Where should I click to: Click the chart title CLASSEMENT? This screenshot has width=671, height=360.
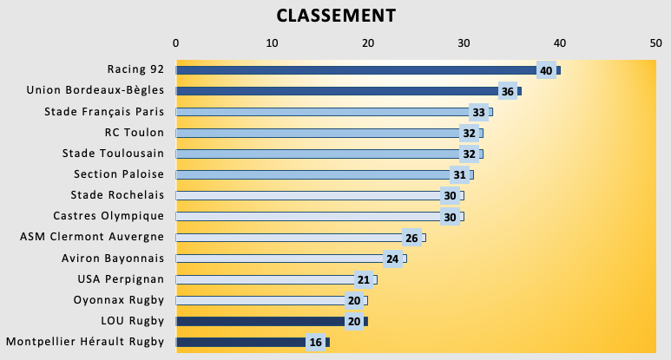(335, 16)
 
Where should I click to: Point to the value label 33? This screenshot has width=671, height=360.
(478, 112)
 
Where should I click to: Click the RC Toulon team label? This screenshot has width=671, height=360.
(135, 133)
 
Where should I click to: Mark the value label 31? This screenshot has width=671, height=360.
(459, 174)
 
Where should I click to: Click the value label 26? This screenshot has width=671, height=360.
(411, 238)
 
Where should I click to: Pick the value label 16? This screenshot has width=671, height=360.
(316, 343)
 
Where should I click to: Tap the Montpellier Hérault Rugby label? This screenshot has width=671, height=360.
(85, 342)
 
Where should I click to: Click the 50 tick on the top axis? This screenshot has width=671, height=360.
(655, 42)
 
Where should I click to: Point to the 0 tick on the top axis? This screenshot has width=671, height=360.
(176, 42)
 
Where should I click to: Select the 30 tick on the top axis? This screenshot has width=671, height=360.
(464, 42)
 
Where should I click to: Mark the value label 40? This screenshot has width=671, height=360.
(545, 70)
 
